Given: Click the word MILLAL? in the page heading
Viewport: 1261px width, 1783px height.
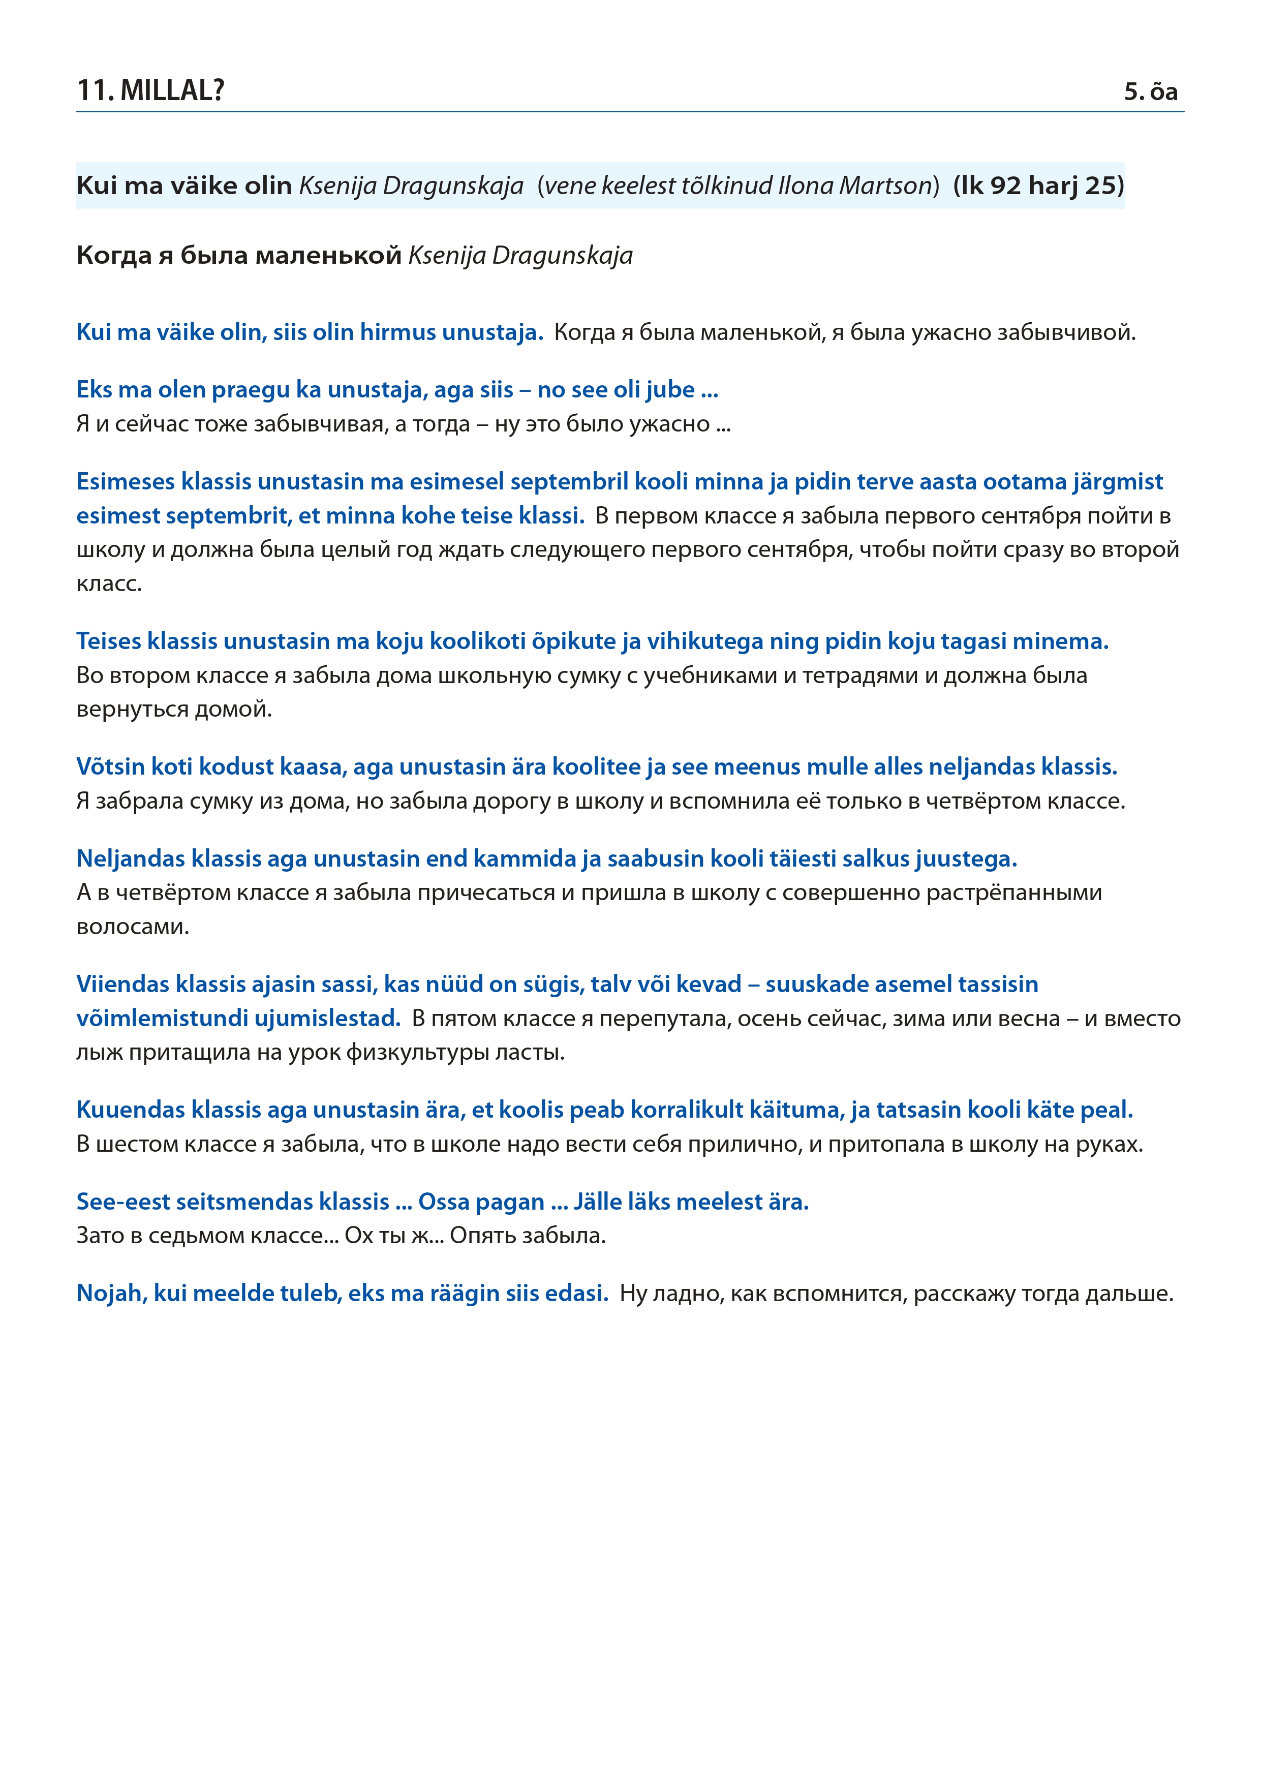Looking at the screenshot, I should pyautogui.click(x=172, y=91).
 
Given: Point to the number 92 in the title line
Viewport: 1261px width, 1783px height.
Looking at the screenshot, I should pyautogui.click(x=1005, y=186).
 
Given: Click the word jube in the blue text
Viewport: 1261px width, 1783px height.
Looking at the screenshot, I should pyautogui.click(x=670, y=390).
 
